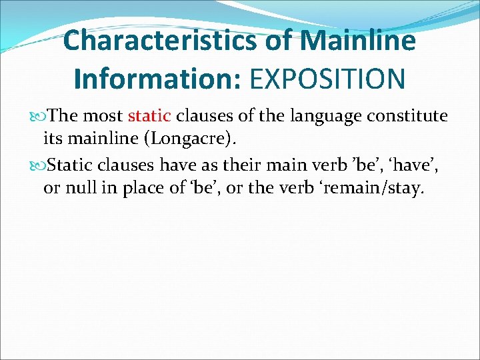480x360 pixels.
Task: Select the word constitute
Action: pyautogui.click(x=408, y=116)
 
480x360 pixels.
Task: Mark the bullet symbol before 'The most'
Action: pyautogui.click(x=42, y=117)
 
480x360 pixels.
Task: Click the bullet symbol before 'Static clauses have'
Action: pyautogui.click(x=42, y=165)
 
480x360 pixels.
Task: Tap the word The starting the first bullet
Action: pyautogui.click(x=64, y=116)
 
